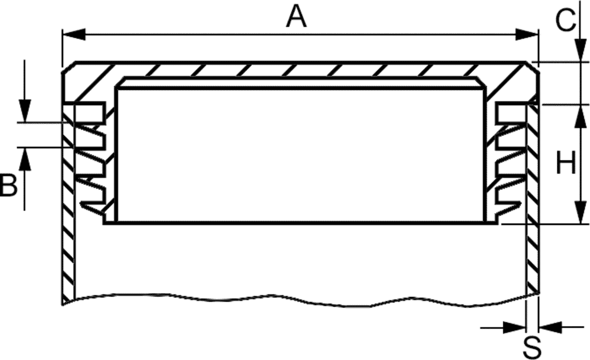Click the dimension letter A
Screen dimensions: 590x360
click(297, 17)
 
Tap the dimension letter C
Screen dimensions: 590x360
click(566, 20)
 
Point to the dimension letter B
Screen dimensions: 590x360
click(9, 185)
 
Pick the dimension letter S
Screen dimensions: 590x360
click(532, 348)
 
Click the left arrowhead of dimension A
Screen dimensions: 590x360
click(74, 34)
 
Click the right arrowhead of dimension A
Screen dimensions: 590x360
click(527, 34)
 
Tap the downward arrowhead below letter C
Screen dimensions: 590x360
click(581, 50)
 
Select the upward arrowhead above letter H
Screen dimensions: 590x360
click(581, 116)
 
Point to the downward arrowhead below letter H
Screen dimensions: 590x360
click(581, 212)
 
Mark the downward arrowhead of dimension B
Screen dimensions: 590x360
click(24, 110)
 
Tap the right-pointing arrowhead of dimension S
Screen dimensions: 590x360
click(514, 328)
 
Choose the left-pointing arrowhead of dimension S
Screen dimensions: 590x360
click(550, 328)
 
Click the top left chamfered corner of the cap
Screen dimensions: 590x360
click(70, 67)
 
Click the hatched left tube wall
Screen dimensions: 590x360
click(68, 204)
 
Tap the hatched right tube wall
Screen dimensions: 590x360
click(532, 199)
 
